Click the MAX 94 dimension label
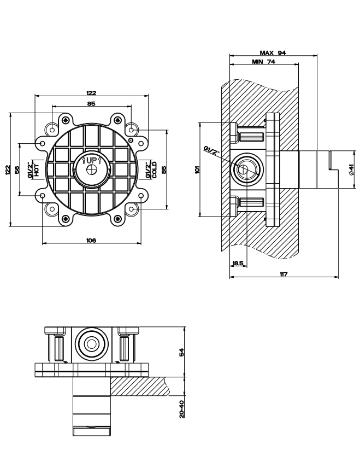[273, 52]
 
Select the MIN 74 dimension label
[263, 62]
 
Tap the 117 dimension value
[284, 274]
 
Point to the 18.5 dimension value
[238, 263]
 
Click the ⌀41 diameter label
[351, 169]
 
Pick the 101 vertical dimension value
[198, 169]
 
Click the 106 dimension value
[91, 240]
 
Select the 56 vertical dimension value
[17, 169]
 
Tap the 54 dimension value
[181, 352]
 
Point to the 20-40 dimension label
[181, 409]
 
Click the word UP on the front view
[91, 160]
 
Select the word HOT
[37, 169]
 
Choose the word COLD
[154, 170]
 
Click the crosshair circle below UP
[92, 169]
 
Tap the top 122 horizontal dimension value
[91, 93]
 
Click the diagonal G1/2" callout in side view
[211, 151]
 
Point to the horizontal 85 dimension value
[91, 103]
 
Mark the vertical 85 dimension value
[164, 169]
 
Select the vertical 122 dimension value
[8, 170]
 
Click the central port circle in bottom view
[92, 344]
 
